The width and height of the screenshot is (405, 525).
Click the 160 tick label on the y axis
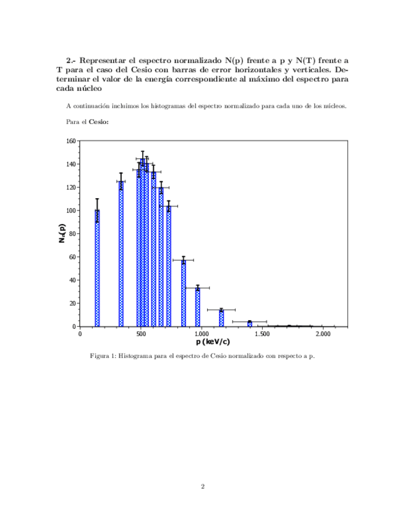pyautogui.click(x=71, y=141)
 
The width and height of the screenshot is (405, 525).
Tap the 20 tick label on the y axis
pyautogui.click(x=72, y=303)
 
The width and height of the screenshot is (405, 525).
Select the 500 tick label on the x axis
pyautogui.click(x=141, y=334)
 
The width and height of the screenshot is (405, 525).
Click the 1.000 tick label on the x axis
pyautogui.click(x=202, y=334)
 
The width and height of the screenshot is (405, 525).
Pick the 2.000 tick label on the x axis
pyautogui.click(x=323, y=334)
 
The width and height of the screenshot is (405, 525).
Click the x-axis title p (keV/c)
pyautogui.click(x=213, y=342)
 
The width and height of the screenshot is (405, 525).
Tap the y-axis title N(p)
pyautogui.click(x=62, y=233)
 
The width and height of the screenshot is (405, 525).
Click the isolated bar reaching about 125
pyautogui.click(x=121, y=254)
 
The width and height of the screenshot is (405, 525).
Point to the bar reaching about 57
pyautogui.click(x=184, y=293)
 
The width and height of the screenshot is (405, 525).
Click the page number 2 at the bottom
pyautogui.click(x=202, y=486)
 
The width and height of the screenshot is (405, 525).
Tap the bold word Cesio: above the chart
pyautogui.click(x=99, y=122)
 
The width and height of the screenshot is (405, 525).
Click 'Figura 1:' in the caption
pyautogui.click(x=103, y=357)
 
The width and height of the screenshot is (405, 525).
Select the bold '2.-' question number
pyautogui.click(x=71, y=61)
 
